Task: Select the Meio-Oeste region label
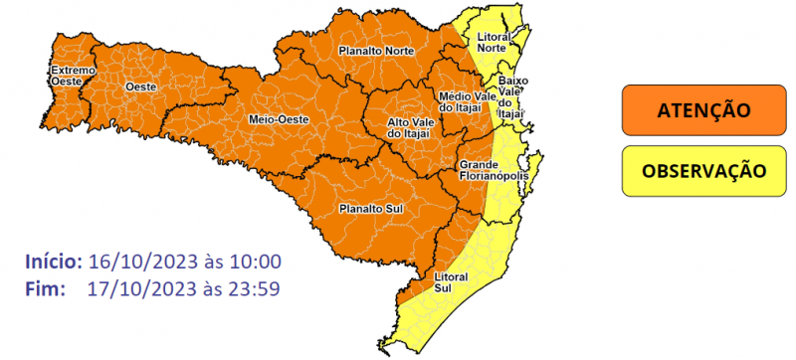278,119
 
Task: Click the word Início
53,262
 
